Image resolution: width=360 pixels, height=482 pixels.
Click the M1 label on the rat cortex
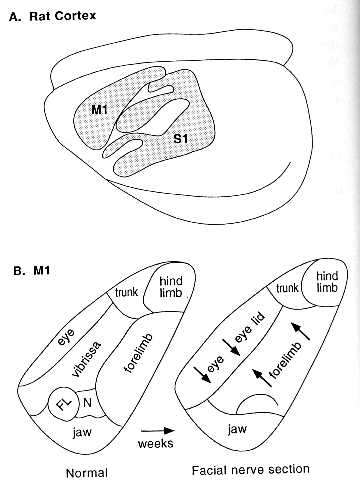99,109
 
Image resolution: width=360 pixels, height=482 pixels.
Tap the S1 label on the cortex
181,138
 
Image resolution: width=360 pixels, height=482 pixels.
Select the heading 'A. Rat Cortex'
52,16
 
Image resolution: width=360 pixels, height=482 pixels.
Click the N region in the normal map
87,403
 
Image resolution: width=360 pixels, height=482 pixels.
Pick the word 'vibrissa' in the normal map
86,358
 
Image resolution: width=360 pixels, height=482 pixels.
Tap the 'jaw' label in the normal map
82,433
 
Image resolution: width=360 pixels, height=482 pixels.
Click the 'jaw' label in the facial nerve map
237,429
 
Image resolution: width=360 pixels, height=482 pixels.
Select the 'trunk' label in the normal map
126,292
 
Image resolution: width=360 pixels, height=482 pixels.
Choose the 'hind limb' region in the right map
325,282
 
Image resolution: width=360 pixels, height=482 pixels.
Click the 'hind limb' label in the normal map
171,287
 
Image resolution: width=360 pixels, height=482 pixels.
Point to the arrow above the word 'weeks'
158,431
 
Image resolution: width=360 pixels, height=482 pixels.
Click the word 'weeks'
155,443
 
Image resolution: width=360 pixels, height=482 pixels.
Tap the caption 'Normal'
87,473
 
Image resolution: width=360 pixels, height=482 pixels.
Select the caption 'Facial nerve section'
250,470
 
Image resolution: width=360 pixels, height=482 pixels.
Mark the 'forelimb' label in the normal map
139,352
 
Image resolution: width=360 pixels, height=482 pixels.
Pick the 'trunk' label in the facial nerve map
287,287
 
